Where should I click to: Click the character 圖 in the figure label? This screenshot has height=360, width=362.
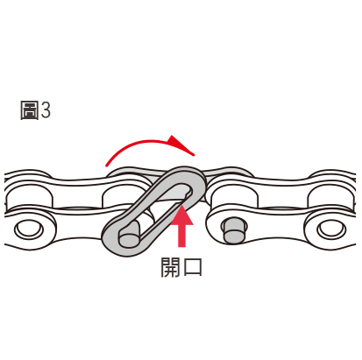pos(29,110)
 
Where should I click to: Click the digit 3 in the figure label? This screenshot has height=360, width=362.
pos(46,110)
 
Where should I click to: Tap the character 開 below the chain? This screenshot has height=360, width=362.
pos(170,267)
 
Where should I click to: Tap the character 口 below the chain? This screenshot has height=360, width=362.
pos(192,267)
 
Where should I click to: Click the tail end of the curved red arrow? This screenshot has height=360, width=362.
pos(107,165)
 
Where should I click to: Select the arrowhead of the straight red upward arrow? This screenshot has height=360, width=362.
pos(181,215)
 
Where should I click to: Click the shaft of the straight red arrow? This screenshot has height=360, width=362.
pos(181,236)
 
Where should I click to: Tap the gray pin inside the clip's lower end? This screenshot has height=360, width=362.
pos(129,236)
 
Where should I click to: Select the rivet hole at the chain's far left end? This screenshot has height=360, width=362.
pos(29,229)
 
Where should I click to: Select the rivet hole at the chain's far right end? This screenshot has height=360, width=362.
pos(331,229)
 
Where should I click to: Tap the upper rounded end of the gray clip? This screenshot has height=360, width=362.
pos(191,175)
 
